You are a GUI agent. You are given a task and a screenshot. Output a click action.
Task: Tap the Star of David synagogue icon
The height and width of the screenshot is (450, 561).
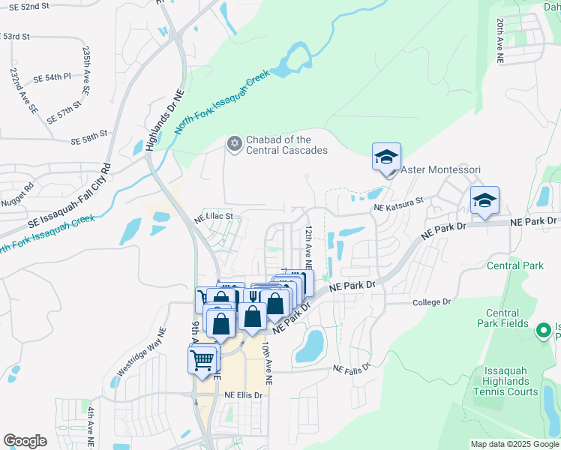click(x=234, y=142)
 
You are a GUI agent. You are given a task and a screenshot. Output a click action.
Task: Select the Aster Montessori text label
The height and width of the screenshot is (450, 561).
click(x=439, y=170)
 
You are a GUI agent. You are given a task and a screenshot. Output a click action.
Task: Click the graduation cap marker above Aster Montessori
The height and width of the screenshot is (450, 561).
click(x=386, y=157)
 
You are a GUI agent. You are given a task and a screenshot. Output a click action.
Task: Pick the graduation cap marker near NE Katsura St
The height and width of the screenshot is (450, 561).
click(x=484, y=200)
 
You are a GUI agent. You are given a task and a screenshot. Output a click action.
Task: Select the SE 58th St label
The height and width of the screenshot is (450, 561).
click(x=89, y=141)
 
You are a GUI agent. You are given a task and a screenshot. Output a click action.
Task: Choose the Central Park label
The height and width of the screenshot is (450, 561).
click(x=514, y=265)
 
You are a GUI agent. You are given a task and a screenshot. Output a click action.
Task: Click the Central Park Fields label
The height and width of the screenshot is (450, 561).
click(x=502, y=318)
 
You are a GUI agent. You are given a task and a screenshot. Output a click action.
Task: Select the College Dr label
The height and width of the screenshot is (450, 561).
click(x=432, y=302)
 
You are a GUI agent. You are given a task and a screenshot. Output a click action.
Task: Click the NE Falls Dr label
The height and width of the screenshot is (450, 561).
click(x=352, y=369)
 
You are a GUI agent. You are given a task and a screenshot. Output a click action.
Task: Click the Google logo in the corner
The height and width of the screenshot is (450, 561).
click(x=25, y=441)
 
